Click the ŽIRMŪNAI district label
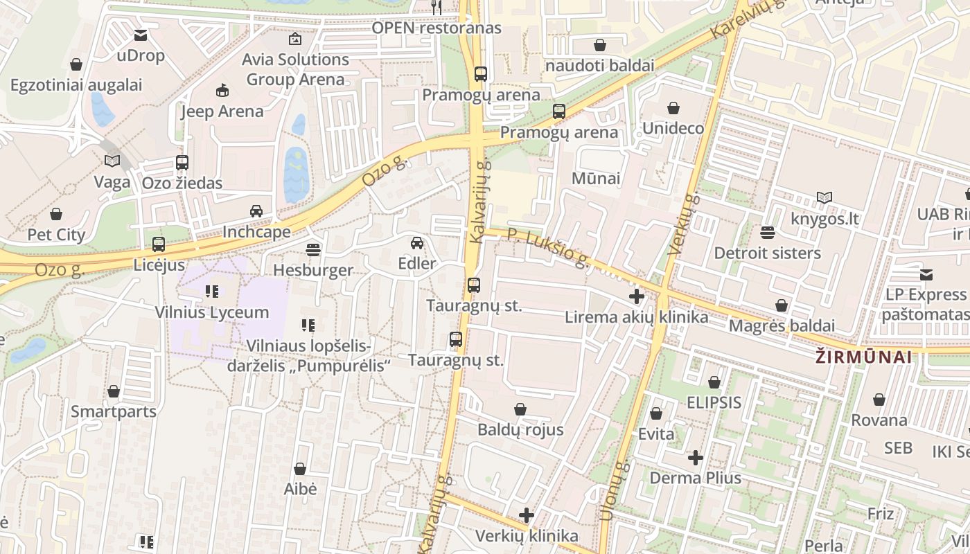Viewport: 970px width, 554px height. tap(863, 357)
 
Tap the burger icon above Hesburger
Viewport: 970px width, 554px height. tap(313, 249)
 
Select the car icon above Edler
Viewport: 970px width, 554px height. tap(417, 243)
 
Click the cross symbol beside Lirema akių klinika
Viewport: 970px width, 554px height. tap(636, 297)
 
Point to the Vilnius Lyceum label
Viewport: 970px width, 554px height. tap(212, 312)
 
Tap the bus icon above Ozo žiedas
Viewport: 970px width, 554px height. tap(182, 163)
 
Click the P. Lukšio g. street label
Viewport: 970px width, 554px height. tap(548, 248)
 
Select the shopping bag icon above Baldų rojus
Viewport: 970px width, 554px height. tap(520, 409)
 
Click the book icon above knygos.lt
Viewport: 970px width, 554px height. tap(824, 198)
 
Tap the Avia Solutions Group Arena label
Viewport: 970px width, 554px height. tap(295, 69)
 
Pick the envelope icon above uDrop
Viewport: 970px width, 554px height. tap(141, 35)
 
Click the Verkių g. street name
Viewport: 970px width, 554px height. tap(685, 225)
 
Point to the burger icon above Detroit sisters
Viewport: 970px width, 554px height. tap(767, 232)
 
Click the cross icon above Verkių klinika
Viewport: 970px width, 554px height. tap(527, 515)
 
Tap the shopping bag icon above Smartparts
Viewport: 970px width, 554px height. tap(114, 391)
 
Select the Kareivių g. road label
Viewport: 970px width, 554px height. tap(747, 21)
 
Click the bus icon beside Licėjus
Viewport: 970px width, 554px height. tap(159, 244)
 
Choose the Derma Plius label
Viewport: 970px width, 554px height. tap(695, 478)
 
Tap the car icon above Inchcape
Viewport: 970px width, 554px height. tap(256, 211)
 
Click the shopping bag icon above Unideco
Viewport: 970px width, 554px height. tap(673, 108)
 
